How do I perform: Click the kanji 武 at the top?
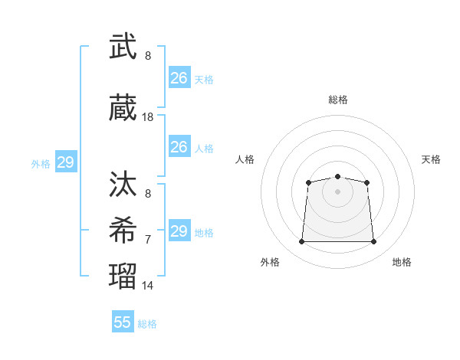[123, 46]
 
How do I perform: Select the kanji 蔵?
[123, 107]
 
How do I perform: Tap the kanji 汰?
[123, 184]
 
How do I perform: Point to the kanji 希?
[123, 230]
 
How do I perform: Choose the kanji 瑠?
[123, 276]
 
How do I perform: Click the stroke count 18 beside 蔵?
[147, 117]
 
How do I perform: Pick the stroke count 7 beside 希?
[148, 240]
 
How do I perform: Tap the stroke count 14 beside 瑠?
[147, 286]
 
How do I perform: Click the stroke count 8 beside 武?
[148, 56]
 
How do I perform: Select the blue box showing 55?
[123, 321]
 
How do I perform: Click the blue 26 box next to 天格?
[179, 77]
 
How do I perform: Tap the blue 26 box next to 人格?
[179, 146]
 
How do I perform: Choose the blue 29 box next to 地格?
[179, 230]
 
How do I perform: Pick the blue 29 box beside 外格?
[66, 162]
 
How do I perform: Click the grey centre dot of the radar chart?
[337, 192]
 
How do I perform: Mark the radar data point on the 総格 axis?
[337, 176]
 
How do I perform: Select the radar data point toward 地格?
[373, 241]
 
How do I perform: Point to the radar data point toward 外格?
[301, 241]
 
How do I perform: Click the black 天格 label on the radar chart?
[431, 159]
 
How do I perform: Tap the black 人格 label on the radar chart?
[245, 159]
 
